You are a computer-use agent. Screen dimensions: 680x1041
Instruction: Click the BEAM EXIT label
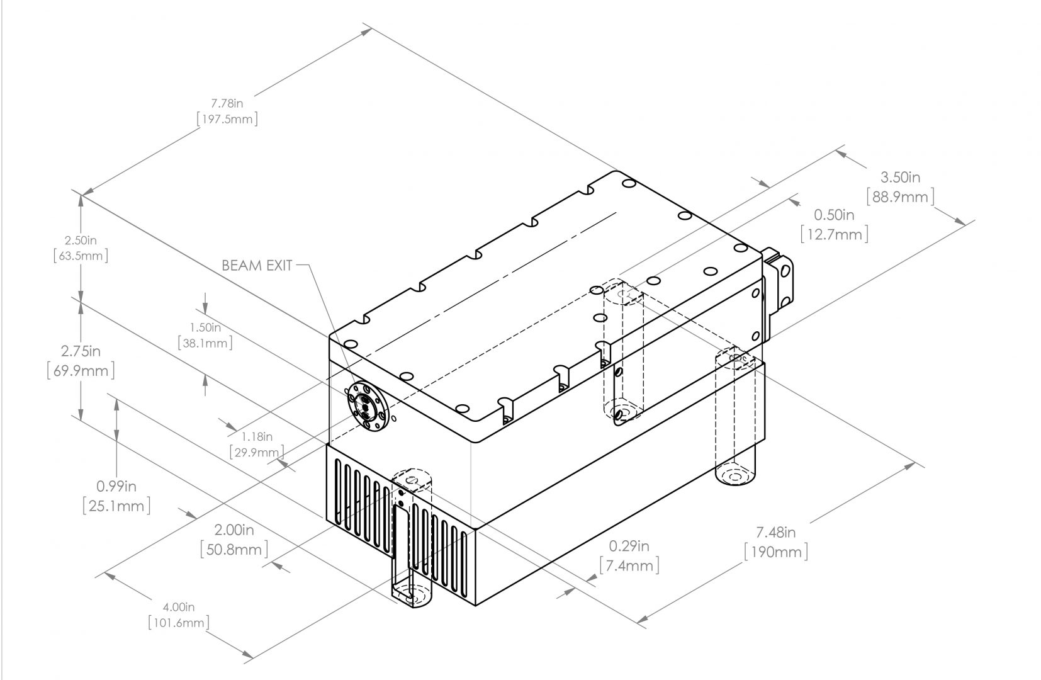coord(257,265)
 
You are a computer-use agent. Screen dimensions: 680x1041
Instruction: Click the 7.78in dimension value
coord(227,103)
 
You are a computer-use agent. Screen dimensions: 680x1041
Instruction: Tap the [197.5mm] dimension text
coord(227,119)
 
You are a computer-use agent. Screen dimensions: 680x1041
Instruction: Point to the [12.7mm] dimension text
coord(835,234)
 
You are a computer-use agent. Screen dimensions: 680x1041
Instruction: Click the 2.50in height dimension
coord(81,241)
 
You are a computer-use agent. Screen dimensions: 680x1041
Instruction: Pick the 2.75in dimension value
coord(81,351)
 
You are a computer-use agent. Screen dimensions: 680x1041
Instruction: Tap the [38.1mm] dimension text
coord(205,343)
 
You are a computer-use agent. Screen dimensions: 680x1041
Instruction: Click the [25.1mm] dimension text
coord(116,505)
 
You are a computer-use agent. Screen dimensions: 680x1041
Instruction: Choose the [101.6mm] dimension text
coord(178,623)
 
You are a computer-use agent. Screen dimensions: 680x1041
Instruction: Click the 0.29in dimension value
coord(629,546)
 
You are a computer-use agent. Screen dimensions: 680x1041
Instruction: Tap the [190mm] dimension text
coord(775,552)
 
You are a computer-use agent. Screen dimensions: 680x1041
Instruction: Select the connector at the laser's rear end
coord(780,280)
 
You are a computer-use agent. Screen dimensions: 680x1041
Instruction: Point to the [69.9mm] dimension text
coord(81,370)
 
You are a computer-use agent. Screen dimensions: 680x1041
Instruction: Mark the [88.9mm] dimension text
coord(900,196)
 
